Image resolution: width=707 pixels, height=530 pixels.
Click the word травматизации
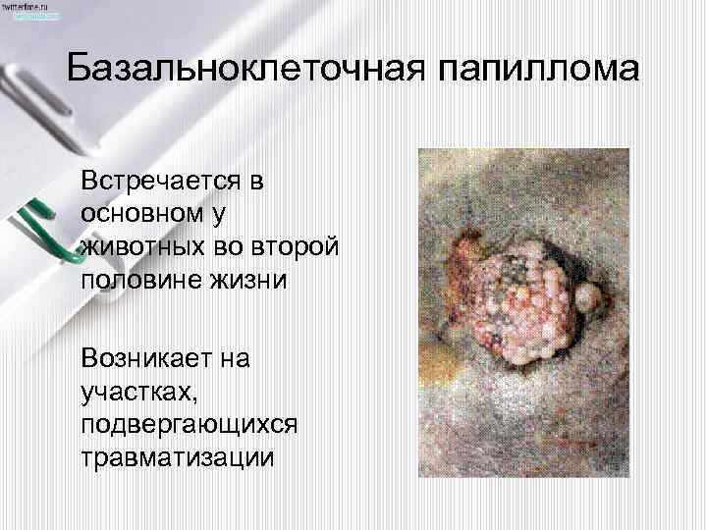[x=176, y=457]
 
